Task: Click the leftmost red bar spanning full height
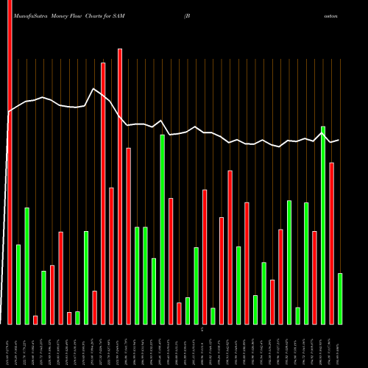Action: pyautogui.click(x=10, y=162)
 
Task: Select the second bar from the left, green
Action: pyautogui.click(x=18, y=284)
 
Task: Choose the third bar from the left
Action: pyautogui.click(x=26, y=266)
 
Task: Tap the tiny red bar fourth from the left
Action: pyautogui.click(x=35, y=319)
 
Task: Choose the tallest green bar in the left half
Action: pyautogui.click(x=163, y=229)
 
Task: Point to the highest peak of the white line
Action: pyautogui.click(x=93, y=89)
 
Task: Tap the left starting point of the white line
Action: pyautogui.click(x=8, y=113)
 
